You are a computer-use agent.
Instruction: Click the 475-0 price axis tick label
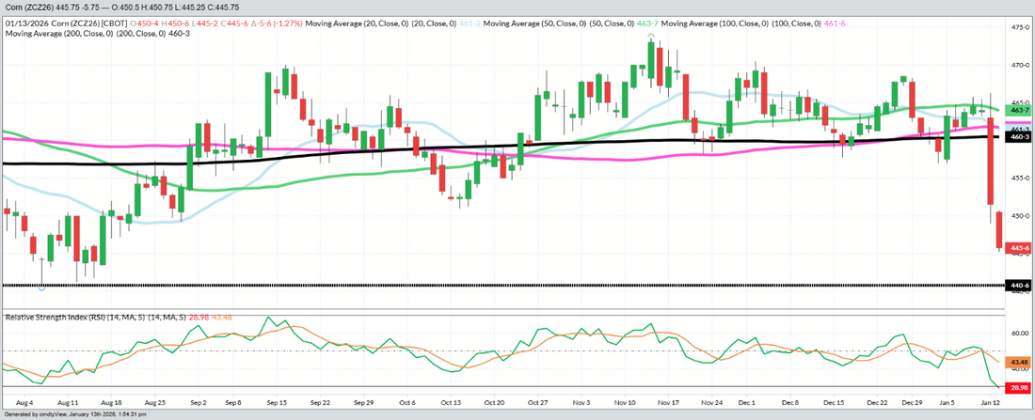click(x=1019, y=28)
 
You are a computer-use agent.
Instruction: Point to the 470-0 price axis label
click(x=1019, y=66)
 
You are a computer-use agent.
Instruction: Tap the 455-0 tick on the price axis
click(x=1019, y=178)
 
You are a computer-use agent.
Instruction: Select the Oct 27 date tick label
click(x=539, y=401)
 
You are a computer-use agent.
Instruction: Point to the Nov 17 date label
click(x=670, y=401)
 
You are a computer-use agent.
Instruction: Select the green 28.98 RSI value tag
click(x=1019, y=387)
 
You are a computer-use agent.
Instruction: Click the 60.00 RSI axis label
click(x=1019, y=333)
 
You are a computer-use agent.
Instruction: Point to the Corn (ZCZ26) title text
click(x=28, y=8)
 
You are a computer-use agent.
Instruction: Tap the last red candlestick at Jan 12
click(x=998, y=230)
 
